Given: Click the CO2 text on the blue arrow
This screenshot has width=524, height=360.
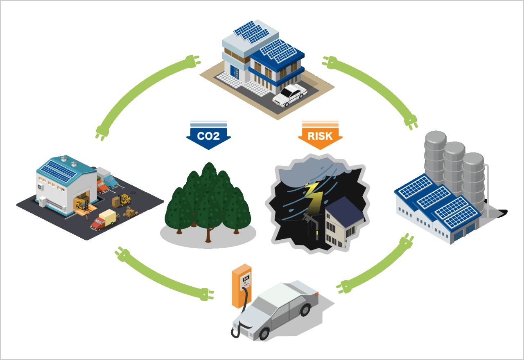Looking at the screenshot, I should coord(208,135).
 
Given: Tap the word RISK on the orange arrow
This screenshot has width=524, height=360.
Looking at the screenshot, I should coord(320,135).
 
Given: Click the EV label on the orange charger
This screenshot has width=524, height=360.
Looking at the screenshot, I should coord(246,279).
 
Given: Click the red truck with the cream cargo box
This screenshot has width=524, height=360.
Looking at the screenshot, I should coord(103,219).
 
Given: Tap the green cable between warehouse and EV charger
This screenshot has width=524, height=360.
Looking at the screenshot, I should coord(164,278).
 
